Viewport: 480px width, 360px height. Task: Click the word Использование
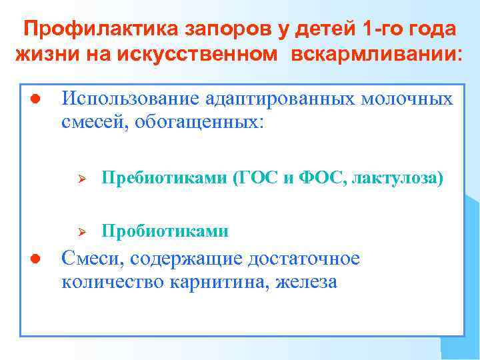point(125,99)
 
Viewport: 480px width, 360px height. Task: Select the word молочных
point(407,99)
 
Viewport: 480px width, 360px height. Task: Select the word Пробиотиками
point(165,231)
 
